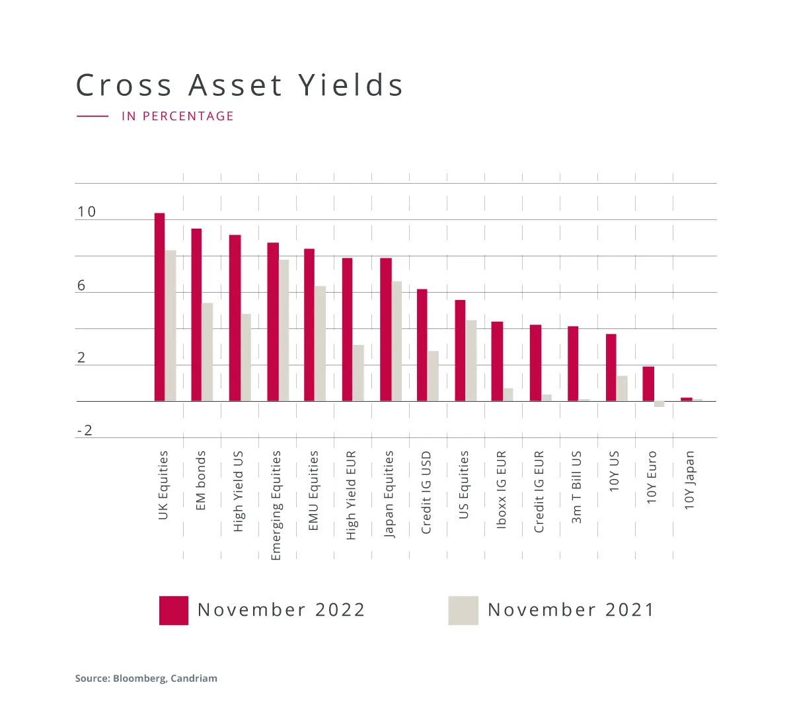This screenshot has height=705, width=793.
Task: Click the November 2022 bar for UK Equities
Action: (x=159, y=307)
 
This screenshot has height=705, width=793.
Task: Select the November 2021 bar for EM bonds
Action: (x=208, y=352)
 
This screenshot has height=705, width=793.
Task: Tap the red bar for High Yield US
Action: (x=235, y=318)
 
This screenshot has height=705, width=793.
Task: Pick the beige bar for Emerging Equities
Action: (x=283, y=330)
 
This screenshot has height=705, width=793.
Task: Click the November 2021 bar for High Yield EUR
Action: (x=358, y=373)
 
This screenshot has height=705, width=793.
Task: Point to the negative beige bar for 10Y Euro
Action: (x=659, y=404)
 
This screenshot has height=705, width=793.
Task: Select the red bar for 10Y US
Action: (x=611, y=367)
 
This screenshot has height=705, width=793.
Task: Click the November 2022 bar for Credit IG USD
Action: (x=422, y=345)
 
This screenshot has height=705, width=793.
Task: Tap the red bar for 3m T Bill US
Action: (x=573, y=363)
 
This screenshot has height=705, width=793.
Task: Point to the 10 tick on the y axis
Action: (x=87, y=212)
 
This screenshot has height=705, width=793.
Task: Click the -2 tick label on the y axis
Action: (x=85, y=431)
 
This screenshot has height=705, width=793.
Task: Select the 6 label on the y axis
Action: (x=81, y=285)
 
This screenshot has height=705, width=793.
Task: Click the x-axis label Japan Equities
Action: (x=389, y=494)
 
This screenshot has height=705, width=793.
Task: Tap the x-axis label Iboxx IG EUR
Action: (x=502, y=490)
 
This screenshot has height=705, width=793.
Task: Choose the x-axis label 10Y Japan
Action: (x=690, y=480)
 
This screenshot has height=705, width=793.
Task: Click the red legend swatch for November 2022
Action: (x=174, y=611)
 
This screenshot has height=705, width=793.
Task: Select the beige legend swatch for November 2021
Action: (x=463, y=611)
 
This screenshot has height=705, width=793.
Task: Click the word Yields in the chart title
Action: (x=350, y=85)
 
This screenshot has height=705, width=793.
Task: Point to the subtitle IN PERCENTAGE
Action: (x=178, y=116)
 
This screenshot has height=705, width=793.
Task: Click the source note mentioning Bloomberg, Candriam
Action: (x=146, y=678)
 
